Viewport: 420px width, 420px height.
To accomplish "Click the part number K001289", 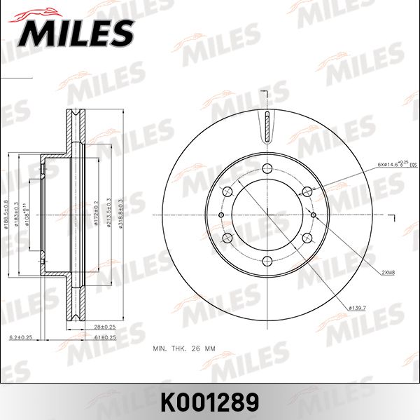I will pos(210,402).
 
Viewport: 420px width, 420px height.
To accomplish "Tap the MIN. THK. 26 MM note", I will pos(184,347).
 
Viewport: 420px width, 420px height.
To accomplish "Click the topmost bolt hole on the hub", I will pos(267,168).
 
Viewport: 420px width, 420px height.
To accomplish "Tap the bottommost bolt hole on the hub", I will pos(267,262).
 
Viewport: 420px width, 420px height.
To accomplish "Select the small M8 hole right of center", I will pos(314,215).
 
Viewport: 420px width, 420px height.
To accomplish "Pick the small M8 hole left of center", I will pos(221,215).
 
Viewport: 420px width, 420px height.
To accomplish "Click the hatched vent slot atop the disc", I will pos(267,126).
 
